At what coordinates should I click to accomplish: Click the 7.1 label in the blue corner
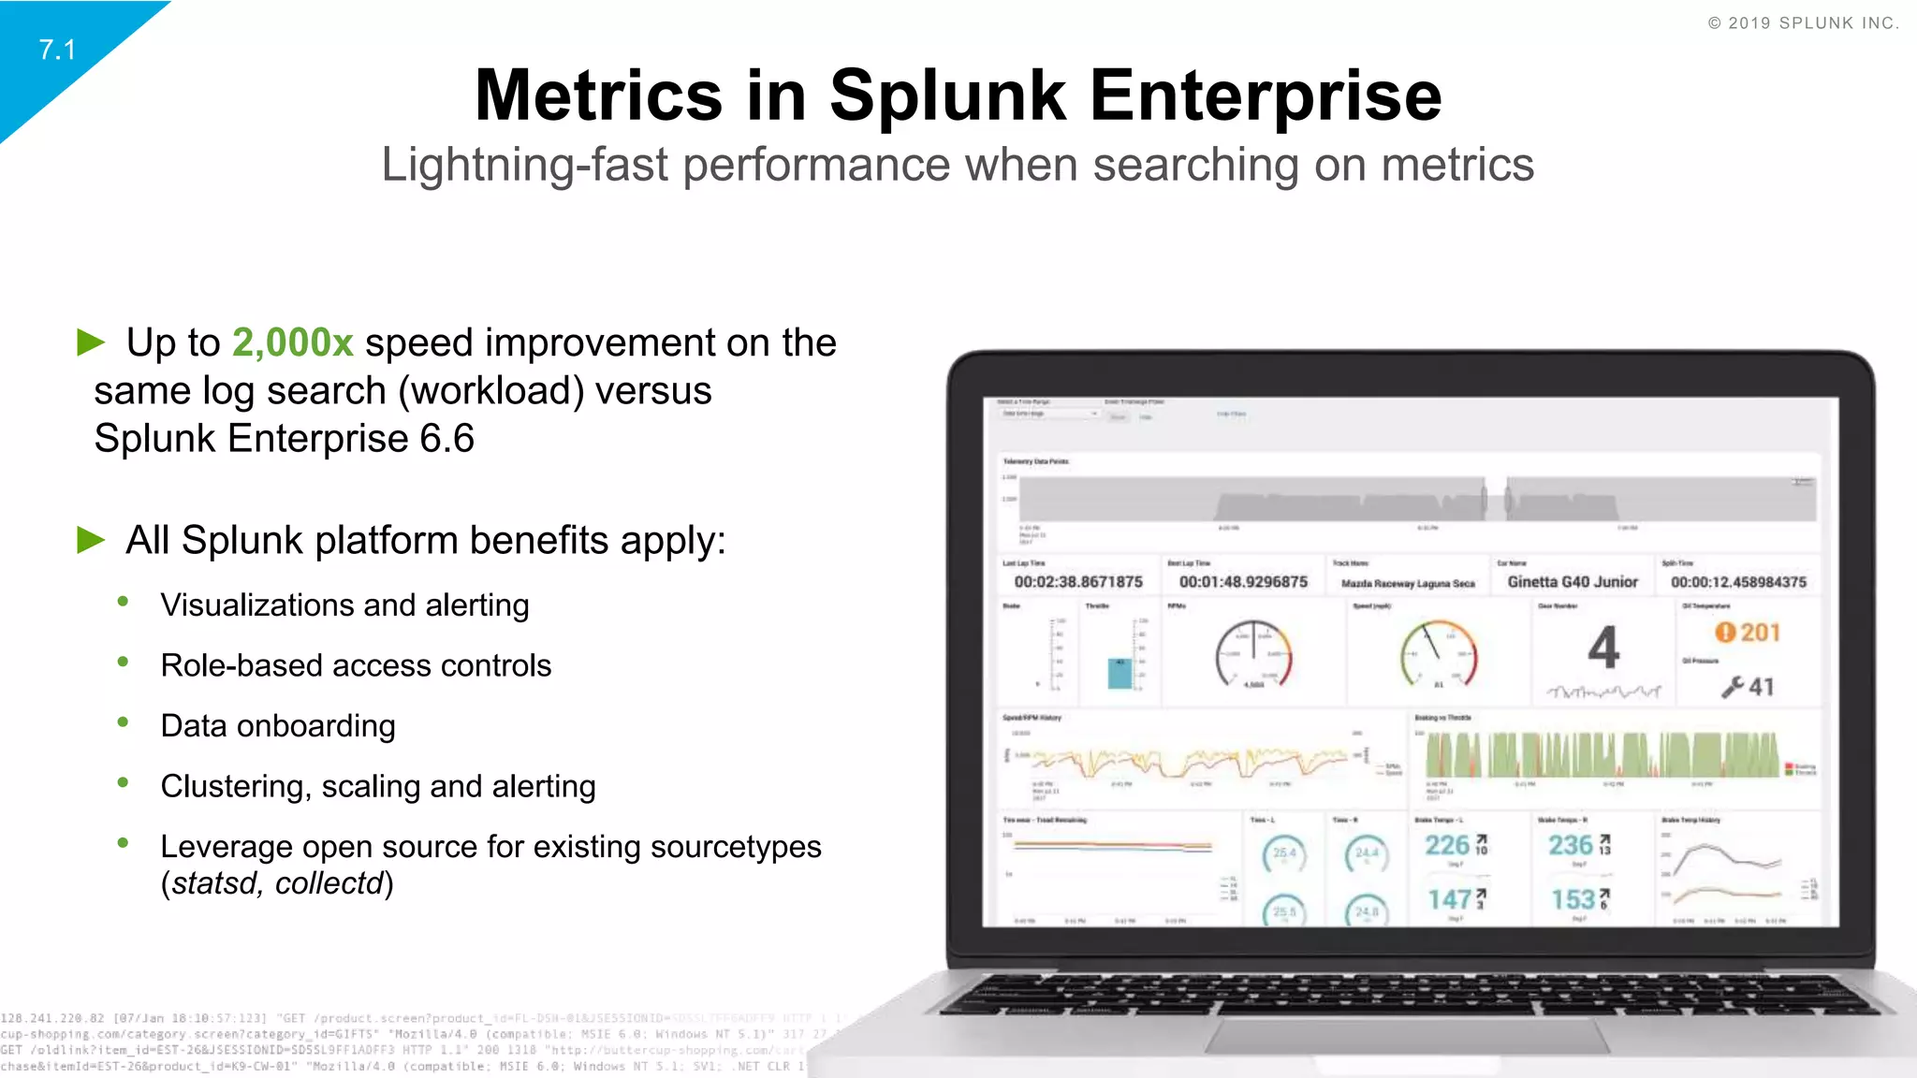click(57, 50)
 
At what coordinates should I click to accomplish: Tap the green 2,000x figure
click(292, 342)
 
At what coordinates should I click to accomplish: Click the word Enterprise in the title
click(1266, 95)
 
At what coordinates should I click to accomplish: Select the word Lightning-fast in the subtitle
click(524, 166)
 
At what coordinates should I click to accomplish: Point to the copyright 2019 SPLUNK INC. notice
click(1804, 23)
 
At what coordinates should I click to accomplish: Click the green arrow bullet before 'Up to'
click(91, 342)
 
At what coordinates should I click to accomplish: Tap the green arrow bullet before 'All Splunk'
click(91, 540)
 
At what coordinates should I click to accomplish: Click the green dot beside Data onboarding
click(123, 722)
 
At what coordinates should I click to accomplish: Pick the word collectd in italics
click(329, 883)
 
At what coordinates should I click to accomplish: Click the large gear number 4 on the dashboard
click(1603, 648)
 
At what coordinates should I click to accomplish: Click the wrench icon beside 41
click(1732, 688)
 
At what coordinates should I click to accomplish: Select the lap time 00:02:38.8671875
click(1078, 582)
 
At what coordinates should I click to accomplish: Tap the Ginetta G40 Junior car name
click(1573, 582)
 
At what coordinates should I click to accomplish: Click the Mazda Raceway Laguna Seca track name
click(1408, 584)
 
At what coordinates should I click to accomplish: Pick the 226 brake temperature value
click(1447, 846)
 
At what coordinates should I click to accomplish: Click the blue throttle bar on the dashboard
click(1119, 673)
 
